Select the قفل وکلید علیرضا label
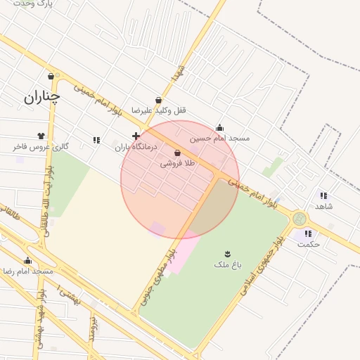click(x=165, y=111)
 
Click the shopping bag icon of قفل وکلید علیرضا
click(x=159, y=100)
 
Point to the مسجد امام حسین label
click(x=219, y=139)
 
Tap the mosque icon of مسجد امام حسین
click(x=219, y=127)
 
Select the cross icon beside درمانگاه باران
click(x=136, y=135)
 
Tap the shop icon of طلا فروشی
click(x=177, y=153)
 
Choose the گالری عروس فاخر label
click(x=40, y=147)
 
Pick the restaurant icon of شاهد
click(x=323, y=195)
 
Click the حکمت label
click(x=309, y=244)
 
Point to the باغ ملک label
click(x=228, y=264)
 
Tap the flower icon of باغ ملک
click(x=228, y=253)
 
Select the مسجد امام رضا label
click(x=28, y=271)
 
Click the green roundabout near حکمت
click(x=300, y=219)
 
